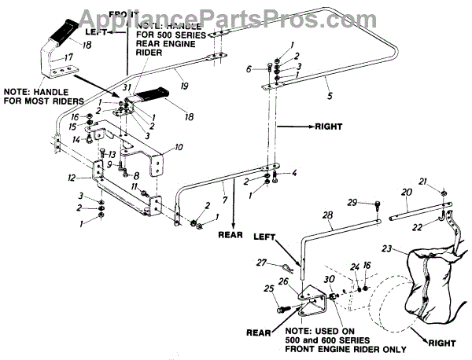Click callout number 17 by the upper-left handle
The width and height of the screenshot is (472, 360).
click(x=68, y=57)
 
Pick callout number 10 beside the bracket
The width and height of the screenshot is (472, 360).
click(x=178, y=147)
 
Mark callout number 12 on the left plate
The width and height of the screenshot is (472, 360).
click(x=72, y=178)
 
